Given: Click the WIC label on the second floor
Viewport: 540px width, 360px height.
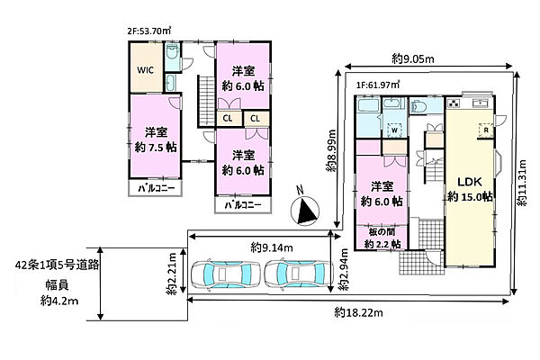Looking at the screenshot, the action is coord(145,70).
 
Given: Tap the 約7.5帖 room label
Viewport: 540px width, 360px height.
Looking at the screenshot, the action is coord(156,148).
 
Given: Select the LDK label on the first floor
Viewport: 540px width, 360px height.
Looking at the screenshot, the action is coord(470,182).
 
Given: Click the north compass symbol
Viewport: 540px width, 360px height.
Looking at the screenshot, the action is coord(305,210).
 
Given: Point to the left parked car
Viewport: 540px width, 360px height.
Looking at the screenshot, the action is coord(226,274).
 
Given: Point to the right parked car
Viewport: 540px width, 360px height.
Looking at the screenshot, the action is coord(299,274).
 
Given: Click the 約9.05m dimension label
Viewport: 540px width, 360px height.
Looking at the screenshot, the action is coord(413,59).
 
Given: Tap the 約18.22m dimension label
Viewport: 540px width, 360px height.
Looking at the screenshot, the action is coord(358,313).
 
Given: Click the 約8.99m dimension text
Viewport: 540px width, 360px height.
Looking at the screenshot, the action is coord(331,150).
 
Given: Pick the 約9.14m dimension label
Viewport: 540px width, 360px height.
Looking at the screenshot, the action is coord(272,247).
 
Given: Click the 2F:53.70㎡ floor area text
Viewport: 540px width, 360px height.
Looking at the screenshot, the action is coord(149,31).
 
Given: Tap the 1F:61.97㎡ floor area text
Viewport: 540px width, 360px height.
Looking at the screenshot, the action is coord(378,85).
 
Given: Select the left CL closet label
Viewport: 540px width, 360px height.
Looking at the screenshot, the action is coord(228,119).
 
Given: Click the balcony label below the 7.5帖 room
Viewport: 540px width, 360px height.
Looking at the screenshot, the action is coord(157,188).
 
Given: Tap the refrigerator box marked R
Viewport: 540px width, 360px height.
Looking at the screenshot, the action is coord(486,130).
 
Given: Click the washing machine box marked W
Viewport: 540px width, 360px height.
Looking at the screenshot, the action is coord(395,130).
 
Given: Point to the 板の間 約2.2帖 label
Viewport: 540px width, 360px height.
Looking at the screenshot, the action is coord(382,238).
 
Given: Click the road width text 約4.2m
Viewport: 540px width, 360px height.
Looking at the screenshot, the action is coord(59,301).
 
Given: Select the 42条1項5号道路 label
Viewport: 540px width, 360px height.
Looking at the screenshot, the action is coord(58,265).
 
